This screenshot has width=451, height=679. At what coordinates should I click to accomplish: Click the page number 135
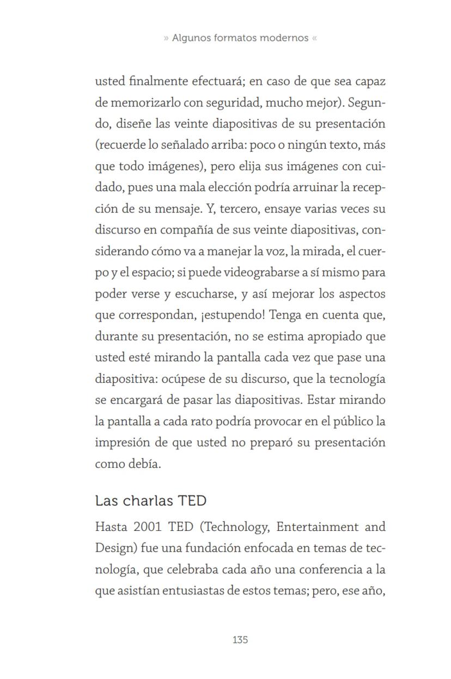tap(240, 640)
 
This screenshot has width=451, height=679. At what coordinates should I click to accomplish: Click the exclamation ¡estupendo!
tap(236, 315)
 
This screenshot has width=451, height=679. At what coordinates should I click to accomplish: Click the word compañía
tap(185, 230)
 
